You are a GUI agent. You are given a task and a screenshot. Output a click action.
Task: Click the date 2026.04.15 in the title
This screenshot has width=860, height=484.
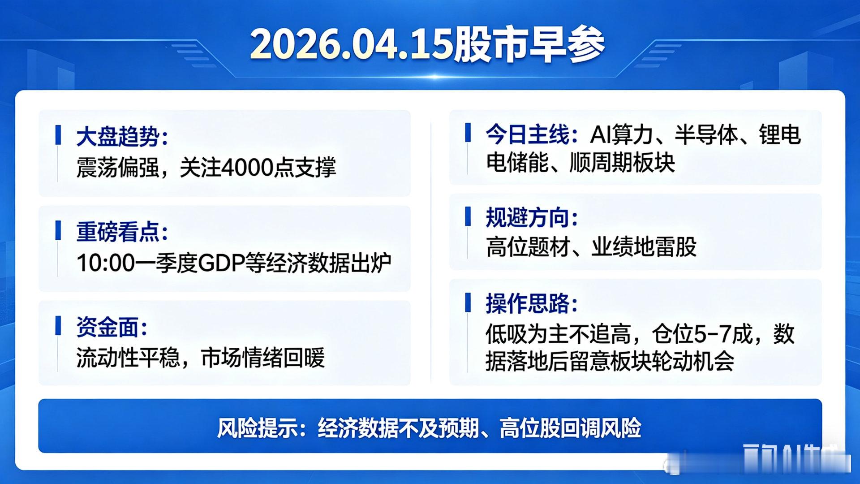coord(352,45)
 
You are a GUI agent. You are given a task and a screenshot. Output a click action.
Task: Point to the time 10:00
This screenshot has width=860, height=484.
coord(106,263)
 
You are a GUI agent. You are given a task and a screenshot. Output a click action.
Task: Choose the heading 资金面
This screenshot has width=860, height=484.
coord(107,327)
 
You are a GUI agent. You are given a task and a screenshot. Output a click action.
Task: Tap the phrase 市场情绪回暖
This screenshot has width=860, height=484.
coord(263,358)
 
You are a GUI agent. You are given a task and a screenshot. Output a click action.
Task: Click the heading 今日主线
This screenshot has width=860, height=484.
coord(528,134)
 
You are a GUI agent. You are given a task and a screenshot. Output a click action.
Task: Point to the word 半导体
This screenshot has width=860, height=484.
coord(706,134)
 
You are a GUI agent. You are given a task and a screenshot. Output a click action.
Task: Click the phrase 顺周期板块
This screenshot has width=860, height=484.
coord(622,162)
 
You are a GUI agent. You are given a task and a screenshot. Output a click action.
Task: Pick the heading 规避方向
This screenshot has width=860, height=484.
coord(528,218)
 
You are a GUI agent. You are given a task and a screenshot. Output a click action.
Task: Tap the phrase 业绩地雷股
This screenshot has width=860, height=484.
coord(644,247)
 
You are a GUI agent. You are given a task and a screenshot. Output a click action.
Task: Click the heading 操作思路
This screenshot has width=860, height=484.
coord(528,303)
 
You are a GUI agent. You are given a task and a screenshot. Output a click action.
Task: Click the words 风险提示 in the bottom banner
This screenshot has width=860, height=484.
coord(257,428)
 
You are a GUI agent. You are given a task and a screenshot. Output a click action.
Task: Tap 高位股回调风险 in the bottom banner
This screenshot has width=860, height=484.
coord(570,428)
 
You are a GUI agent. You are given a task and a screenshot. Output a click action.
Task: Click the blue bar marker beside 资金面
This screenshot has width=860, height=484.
coord(58,326)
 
